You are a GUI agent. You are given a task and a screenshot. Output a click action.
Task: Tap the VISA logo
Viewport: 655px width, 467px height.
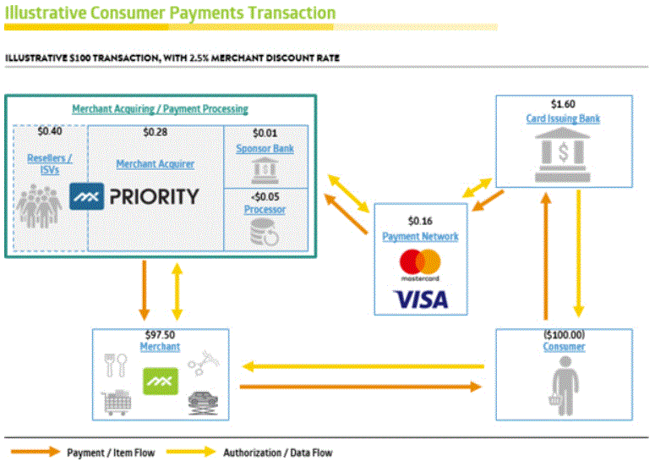[x=420, y=298]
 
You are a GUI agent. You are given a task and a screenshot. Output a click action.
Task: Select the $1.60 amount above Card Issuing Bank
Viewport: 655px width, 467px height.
[x=563, y=105]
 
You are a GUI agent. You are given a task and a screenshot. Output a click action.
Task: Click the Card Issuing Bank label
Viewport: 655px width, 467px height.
[x=563, y=118]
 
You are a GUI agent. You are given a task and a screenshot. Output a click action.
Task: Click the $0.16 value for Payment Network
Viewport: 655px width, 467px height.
[x=420, y=222]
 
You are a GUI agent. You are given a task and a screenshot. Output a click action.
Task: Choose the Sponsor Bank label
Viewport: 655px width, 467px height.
[x=265, y=148]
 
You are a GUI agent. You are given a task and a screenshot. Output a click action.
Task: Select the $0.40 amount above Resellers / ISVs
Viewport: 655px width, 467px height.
[x=50, y=132]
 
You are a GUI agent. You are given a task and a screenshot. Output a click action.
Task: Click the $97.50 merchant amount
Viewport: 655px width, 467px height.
[x=160, y=335]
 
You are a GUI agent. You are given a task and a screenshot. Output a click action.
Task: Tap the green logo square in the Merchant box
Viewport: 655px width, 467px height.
[x=160, y=382]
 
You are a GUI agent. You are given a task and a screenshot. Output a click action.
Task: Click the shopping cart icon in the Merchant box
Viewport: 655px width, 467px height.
[x=117, y=403]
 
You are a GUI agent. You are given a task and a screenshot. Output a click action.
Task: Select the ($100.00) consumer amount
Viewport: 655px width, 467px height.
[x=564, y=335]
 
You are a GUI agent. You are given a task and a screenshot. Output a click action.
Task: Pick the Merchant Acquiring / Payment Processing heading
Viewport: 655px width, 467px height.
[x=160, y=109]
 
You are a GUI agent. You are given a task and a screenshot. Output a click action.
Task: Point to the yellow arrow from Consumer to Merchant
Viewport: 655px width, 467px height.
[x=363, y=366]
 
